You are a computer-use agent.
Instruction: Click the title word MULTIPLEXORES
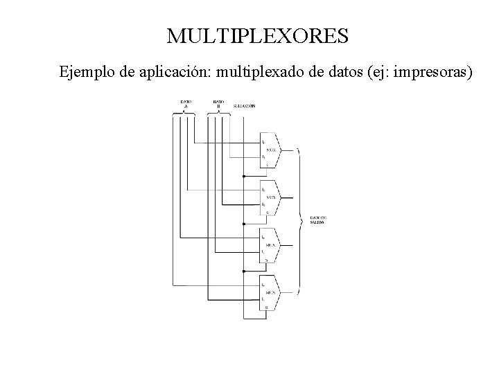[257, 36]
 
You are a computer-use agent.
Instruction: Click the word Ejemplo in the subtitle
[82, 71]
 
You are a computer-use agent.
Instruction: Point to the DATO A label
[186, 105]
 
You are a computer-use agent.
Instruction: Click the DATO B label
[218, 105]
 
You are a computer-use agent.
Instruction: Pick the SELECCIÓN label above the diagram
[244, 106]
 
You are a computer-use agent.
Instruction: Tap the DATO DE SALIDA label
[319, 220]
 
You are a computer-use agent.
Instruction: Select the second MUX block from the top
[270, 197]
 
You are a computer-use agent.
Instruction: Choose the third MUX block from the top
[270, 244]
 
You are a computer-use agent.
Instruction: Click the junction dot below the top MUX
[244, 176]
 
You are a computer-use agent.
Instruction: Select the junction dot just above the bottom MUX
[244, 271]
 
